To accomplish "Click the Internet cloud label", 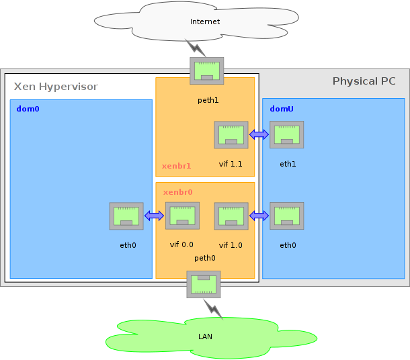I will (x=205, y=21).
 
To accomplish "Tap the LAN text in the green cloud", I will (x=205, y=336).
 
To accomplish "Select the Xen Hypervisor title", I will (x=56, y=87).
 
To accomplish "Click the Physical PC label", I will (x=364, y=81).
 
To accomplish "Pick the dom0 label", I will (x=28, y=108).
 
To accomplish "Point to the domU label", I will (x=281, y=108).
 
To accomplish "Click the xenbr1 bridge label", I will (x=176, y=166).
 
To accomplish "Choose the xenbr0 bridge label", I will (x=177, y=192).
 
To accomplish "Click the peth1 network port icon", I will (x=207, y=71).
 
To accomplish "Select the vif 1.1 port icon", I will (x=231, y=134).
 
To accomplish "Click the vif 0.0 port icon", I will (x=182, y=216).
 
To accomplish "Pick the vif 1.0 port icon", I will (x=231, y=216).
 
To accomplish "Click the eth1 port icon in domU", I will (x=287, y=134).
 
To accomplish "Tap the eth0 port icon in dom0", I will (x=126, y=216).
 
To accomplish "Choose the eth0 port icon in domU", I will (x=287, y=216).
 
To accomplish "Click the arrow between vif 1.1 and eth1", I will (x=259, y=135).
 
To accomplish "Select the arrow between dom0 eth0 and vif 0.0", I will (x=155, y=216).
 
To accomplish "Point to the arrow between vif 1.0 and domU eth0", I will (x=259, y=216).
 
